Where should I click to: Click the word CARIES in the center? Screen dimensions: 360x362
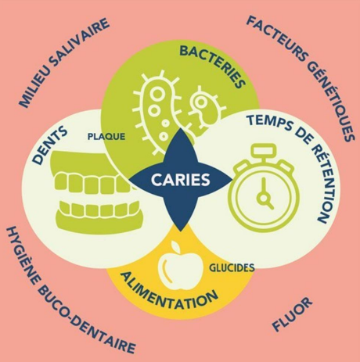pos(181,180)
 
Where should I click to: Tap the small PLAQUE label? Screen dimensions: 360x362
pos(106,137)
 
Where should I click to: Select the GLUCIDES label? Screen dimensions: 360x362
pos(232,267)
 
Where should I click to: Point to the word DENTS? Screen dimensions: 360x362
pos(50,145)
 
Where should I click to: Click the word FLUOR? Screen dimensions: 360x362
pos(292,314)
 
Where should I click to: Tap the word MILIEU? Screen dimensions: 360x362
pos(36,88)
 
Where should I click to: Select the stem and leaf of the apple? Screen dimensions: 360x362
pos(175,246)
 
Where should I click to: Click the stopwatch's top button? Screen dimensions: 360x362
pos(263,151)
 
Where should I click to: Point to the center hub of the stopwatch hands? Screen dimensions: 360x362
pos(264,199)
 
